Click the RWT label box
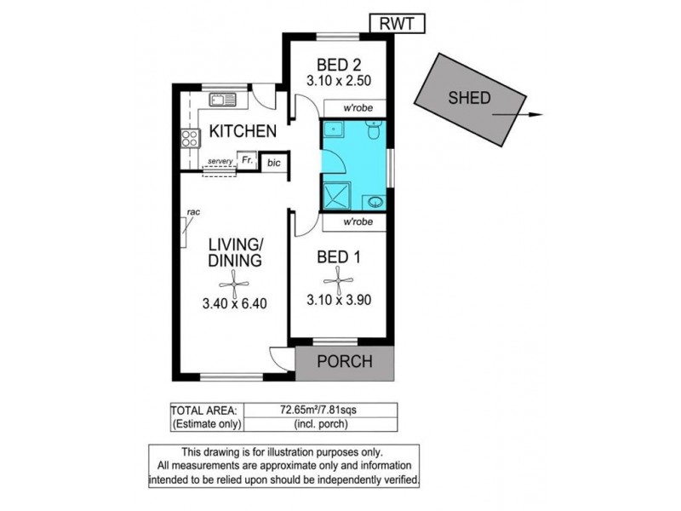pyautogui.click(x=397, y=24)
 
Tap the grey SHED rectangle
pyautogui.click(x=470, y=100)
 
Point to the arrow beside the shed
pyautogui.click(x=518, y=115)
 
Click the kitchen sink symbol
pyautogui.click(x=222, y=100)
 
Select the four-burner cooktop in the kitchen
pyautogui.click(x=190, y=138)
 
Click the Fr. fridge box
pyautogui.click(x=247, y=160)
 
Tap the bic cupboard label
pyautogui.click(x=274, y=163)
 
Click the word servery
pyautogui.click(x=220, y=161)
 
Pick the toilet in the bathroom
pyautogui.click(x=374, y=130)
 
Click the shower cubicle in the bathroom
pyautogui.click(x=337, y=195)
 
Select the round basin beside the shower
pyautogui.click(x=374, y=202)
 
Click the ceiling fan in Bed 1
pyautogui.click(x=338, y=281)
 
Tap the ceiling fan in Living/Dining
pyautogui.click(x=234, y=284)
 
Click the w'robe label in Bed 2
pyautogui.click(x=358, y=108)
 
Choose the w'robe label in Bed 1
pyautogui.click(x=358, y=221)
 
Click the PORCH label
pyautogui.click(x=345, y=361)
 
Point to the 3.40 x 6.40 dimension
pyautogui.click(x=235, y=303)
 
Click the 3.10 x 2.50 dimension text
pyautogui.click(x=339, y=80)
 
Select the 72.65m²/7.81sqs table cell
pyautogui.click(x=321, y=410)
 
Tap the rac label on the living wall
pyautogui.click(x=193, y=212)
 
